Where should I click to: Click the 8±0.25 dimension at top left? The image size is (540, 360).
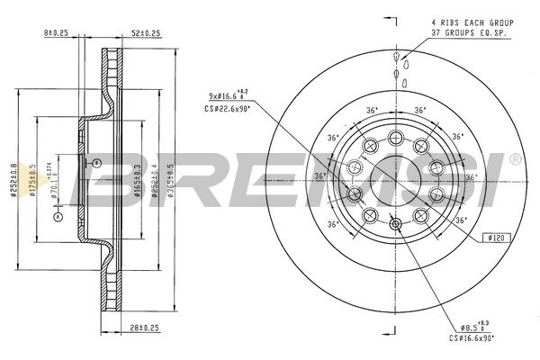click(56, 33)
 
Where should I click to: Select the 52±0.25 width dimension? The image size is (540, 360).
click(146, 33)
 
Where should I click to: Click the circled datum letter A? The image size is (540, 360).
click(58, 216)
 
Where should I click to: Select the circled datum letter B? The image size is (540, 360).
click(97, 162)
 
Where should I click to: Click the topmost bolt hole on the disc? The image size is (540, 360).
click(395, 137)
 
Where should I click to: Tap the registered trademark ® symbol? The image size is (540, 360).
click(514, 159)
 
